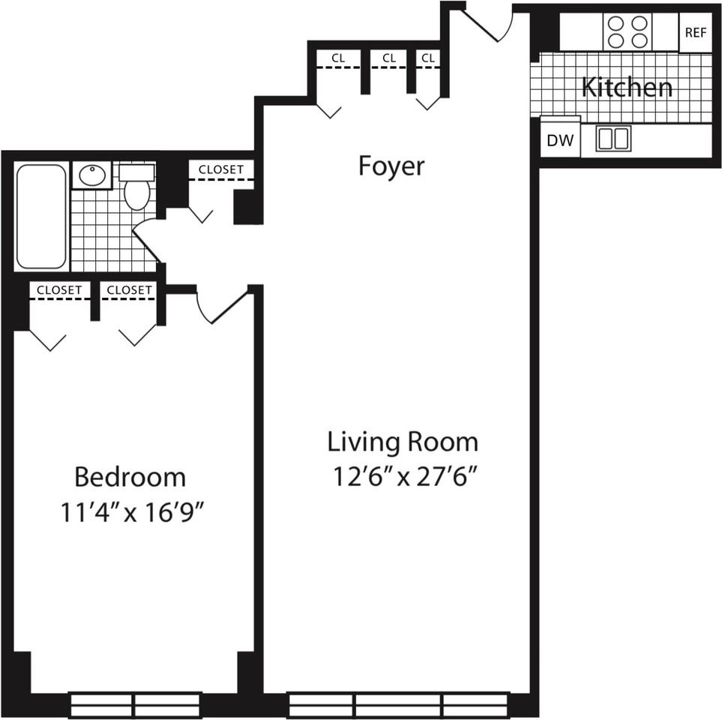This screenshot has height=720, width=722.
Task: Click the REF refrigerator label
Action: tap(695, 33)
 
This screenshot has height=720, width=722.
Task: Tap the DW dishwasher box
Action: tap(560, 140)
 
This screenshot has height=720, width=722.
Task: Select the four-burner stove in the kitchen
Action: tap(628, 31)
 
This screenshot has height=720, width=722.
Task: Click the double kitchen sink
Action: tap(613, 138)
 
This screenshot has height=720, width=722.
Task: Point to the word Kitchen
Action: tap(627, 87)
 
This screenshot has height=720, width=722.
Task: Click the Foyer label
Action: tap(391, 166)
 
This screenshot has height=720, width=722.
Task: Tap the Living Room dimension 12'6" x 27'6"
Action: tap(403, 477)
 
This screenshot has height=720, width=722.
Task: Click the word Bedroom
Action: tap(130, 477)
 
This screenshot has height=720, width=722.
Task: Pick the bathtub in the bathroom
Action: tap(41, 216)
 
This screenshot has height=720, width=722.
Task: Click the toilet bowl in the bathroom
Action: tap(137, 194)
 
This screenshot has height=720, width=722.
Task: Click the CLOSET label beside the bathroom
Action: tap(221, 169)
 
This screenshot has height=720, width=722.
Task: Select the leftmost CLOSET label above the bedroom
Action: tap(59, 290)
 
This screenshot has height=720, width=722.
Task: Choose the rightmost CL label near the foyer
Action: tap(428, 58)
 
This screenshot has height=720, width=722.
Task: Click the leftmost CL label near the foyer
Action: tap(338, 58)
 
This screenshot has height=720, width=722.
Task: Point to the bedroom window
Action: tap(134, 705)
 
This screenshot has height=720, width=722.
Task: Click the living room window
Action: tap(398, 705)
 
